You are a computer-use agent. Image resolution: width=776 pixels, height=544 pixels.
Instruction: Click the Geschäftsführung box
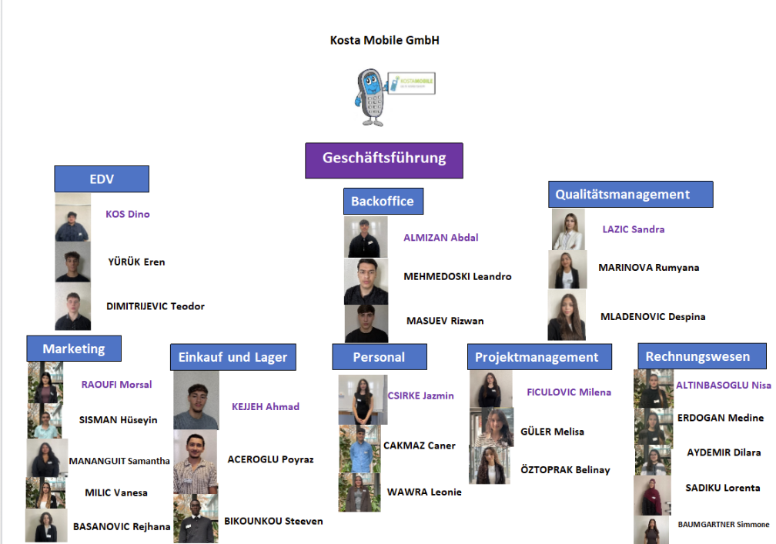pos(383,159)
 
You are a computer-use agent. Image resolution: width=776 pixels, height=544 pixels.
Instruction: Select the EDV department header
pos(101,179)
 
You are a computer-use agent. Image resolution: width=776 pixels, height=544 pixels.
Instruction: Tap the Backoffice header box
pos(383,202)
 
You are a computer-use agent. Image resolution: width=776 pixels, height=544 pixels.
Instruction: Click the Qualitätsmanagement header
pos(630,195)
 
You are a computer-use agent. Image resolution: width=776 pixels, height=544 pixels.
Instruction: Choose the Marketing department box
pos(74,349)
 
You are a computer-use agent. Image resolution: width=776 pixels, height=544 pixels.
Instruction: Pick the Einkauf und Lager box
pos(232,357)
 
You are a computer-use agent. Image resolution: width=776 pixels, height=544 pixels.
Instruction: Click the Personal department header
pos(379,357)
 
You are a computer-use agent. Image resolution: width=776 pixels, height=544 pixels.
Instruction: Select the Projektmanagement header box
pos(539,357)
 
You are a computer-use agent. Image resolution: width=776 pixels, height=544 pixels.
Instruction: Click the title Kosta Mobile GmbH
pos(384,40)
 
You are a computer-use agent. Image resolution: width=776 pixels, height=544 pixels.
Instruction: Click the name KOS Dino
pos(128,215)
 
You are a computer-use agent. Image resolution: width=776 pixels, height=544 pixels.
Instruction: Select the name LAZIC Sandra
pos(633,229)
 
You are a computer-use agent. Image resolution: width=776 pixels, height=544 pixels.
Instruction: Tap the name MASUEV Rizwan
pos(445,321)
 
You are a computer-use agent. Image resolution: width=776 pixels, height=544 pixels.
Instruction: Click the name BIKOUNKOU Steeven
pos(273,521)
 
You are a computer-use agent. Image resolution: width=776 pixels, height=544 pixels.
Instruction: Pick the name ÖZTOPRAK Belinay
pos(565,469)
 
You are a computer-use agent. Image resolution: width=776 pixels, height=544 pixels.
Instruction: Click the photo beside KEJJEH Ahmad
pos(196,400)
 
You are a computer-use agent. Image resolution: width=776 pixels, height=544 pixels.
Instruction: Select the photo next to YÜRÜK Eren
pos(72,262)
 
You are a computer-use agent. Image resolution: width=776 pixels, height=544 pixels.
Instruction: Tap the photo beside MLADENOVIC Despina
pos(567,315)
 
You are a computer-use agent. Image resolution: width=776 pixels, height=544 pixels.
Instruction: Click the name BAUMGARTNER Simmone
pos(723,525)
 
